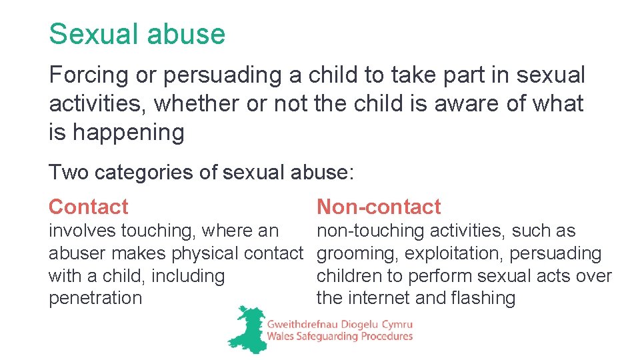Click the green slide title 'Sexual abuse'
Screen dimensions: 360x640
137,34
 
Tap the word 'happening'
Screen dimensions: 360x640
128,133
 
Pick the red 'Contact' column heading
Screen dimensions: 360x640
88,207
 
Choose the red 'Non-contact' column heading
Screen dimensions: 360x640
378,207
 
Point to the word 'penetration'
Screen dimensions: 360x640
95,298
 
